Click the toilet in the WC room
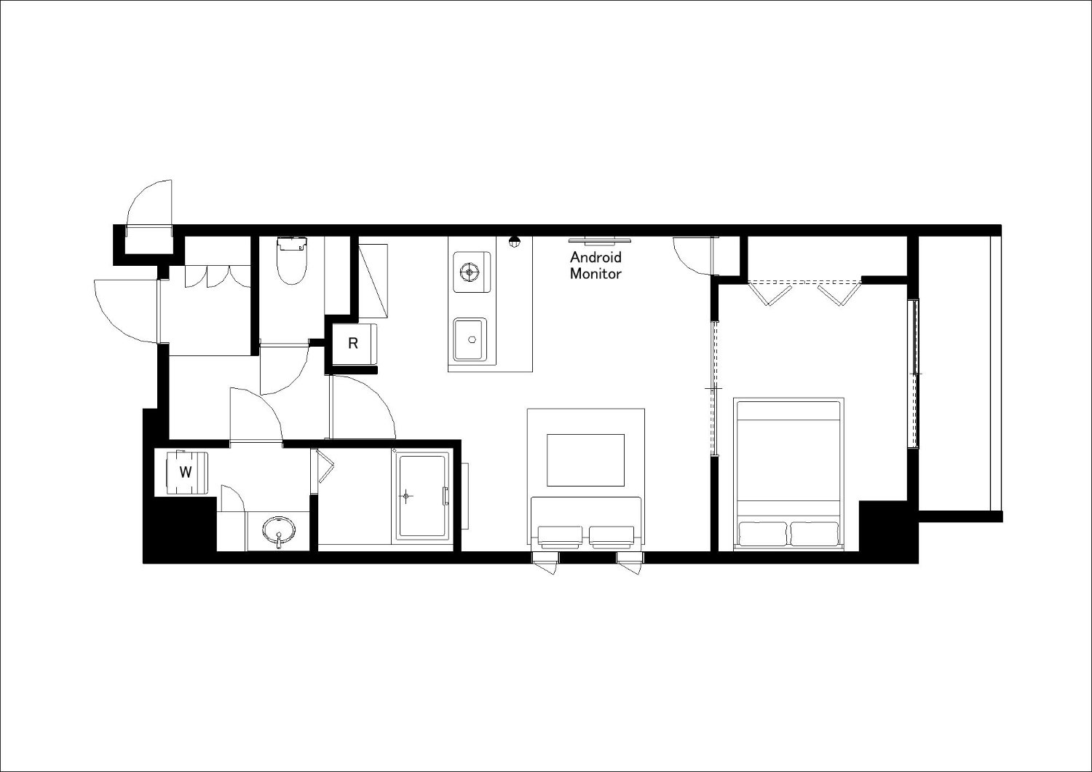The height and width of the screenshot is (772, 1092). (292, 261)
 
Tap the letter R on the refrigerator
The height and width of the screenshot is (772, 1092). (353, 343)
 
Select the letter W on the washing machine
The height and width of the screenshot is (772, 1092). (185, 472)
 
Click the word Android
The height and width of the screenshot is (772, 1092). (596, 257)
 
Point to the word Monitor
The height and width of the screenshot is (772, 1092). (596, 274)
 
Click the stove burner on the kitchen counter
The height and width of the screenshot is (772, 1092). (470, 272)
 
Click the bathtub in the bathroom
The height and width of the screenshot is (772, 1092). (423, 497)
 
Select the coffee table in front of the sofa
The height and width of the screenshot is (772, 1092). (585, 460)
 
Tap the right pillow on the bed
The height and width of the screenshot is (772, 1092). (814, 534)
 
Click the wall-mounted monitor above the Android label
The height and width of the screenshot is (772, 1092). (600, 240)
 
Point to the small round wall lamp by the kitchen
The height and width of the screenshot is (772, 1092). (513, 241)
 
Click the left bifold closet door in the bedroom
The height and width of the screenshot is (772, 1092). (769, 294)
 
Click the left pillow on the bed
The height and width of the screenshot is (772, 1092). (763, 534)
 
